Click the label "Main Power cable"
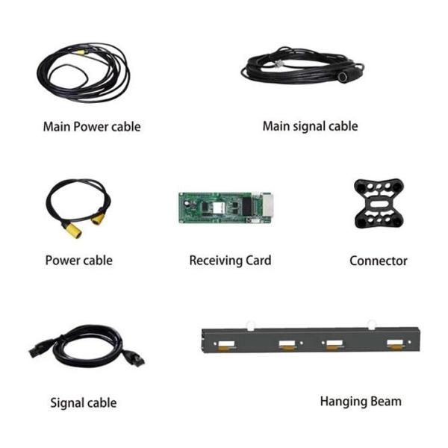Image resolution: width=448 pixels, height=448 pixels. click(91, 126)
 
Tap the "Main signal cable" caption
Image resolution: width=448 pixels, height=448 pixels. click(310, 126)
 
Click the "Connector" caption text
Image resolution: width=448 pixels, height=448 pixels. click(378, 261)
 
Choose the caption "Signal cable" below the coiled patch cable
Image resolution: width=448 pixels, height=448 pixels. click(83, 402)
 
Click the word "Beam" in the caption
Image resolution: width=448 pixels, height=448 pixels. click(386, 401)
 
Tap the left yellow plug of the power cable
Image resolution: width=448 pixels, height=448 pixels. click(72, 230)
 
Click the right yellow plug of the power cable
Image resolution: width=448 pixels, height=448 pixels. click(99, 219)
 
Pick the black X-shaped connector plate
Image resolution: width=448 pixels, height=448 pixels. click(379, 203)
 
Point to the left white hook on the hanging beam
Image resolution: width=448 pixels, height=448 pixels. click(250, 326)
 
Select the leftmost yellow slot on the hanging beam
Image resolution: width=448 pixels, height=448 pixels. click(223, 345)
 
